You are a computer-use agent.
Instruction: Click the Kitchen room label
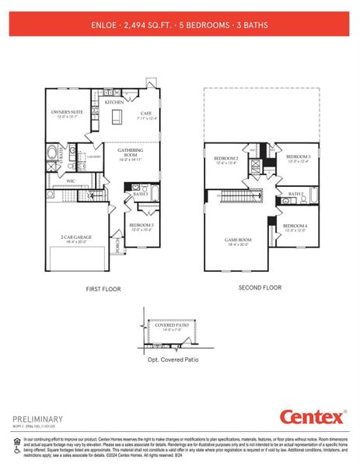(x=114, y=102)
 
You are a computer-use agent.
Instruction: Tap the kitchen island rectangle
(x=117, y=117)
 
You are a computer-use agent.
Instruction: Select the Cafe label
(x=145, y=115)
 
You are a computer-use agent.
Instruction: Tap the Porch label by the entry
(x=119, y=248)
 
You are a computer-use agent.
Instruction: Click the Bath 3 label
(x=140, y=195)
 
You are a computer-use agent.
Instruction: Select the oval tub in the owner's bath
(x=53, y=153)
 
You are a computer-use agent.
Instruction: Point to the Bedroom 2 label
(x=225, y=160)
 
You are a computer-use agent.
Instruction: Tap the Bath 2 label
(x=295, y=194)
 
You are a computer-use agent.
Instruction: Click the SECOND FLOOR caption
(x=260, y=287)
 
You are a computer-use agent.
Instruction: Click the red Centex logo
(x=311, y=417)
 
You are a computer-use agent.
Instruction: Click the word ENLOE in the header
(x=105, y=24)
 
